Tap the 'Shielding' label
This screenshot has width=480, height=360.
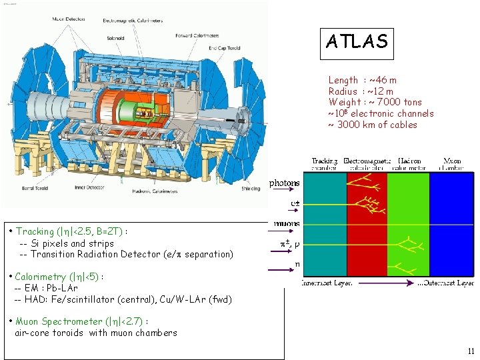(251, 189)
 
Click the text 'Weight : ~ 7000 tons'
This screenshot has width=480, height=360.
(375, 102)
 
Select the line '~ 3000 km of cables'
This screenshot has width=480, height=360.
(373, 125)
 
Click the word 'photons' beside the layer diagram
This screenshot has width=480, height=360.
(285, 183)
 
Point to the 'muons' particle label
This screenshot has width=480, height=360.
(286, 224)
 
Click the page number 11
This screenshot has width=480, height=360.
(471, 351)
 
